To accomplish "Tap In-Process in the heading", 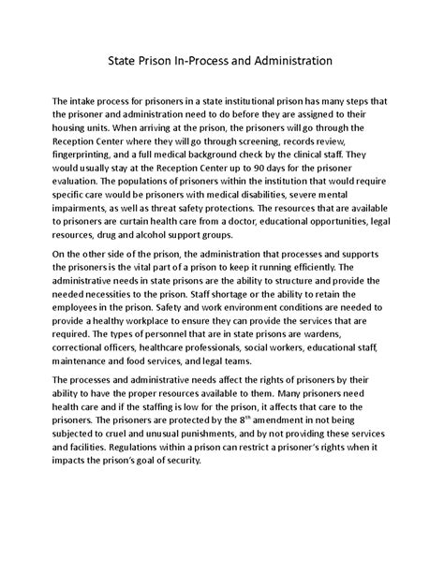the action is pos(198,63).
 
